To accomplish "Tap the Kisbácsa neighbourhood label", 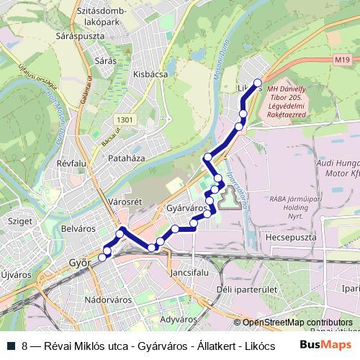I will pos(150,73).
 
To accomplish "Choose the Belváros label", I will pos(78,228).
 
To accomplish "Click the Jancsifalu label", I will pos(190,274).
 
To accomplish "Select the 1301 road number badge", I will pos(124,120).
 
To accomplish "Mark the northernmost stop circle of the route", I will pos(258,82).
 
